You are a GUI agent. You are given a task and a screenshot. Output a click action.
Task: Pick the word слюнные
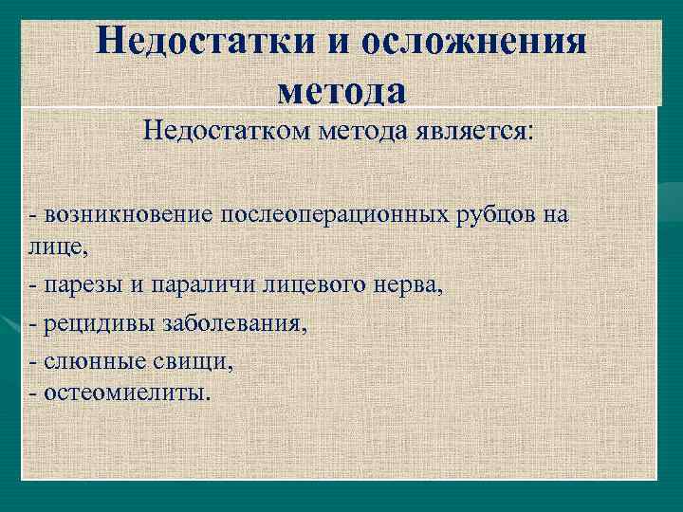pos(86,362)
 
